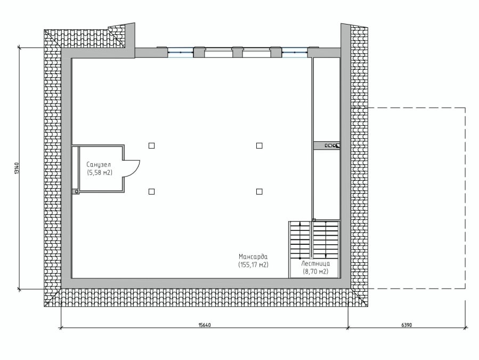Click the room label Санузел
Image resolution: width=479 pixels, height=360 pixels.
pos(99,165)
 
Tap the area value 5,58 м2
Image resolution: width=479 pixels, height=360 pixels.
pos(100,173)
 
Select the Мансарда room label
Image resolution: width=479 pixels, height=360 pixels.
pos(253,257)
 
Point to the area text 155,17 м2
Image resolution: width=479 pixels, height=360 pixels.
pos(253,265)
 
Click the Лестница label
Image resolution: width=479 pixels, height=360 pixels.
pos(315,263)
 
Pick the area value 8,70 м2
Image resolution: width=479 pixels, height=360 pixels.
pos(315,271)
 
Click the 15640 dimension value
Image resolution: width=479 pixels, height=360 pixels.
pos(205,325)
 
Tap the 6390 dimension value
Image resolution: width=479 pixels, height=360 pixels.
pos(407,325)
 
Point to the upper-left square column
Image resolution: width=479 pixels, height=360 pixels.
pos(151,146)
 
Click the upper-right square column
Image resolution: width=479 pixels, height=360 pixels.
pos(259,146)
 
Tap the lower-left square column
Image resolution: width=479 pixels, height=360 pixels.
pos(151,192)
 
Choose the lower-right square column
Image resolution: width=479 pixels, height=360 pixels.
pos(259,192)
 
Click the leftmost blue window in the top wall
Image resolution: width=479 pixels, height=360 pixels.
pos(180,52)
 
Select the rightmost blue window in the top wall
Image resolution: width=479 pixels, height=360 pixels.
pos(295,52)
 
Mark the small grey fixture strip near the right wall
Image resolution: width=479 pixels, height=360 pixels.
pos(327,146)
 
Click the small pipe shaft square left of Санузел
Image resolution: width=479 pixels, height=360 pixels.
pos(76,192)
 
